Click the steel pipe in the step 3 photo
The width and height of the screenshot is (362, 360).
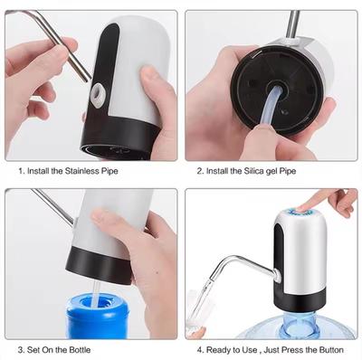point(54,207)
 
